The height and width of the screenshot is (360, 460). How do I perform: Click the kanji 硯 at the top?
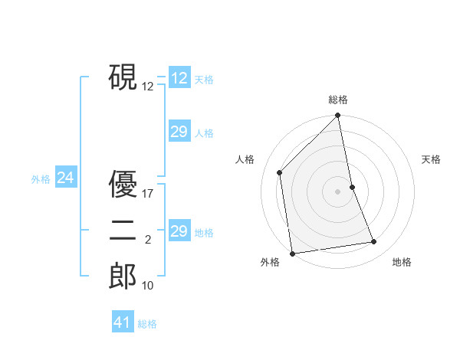click(123, 77)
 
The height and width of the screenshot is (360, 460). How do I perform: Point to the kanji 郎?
click(123, 277)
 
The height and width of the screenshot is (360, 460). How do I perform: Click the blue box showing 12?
click(179, 78)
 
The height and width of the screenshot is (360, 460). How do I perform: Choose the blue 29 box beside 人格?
click(179, 132)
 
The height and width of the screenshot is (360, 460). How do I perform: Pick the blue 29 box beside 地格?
click(179, 231)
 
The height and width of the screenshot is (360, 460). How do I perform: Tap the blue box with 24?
click(66, 178)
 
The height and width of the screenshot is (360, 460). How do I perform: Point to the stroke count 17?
click(148, 194)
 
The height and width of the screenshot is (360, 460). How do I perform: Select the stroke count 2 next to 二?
click(147, 241)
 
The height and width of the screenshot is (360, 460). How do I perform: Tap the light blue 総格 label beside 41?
click(147, 324)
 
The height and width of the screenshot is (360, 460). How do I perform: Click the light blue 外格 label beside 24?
click(41, 179)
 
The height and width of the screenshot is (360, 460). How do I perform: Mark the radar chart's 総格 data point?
click(338, 116)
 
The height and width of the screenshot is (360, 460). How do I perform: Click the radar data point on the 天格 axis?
click(353, 187)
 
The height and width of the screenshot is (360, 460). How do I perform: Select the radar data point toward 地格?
click(374, 242)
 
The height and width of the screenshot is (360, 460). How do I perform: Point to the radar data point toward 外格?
click(292, 254)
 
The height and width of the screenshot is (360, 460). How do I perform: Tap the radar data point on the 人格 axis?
click(280, 172)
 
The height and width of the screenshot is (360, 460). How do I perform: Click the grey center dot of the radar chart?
click(338, 191)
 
